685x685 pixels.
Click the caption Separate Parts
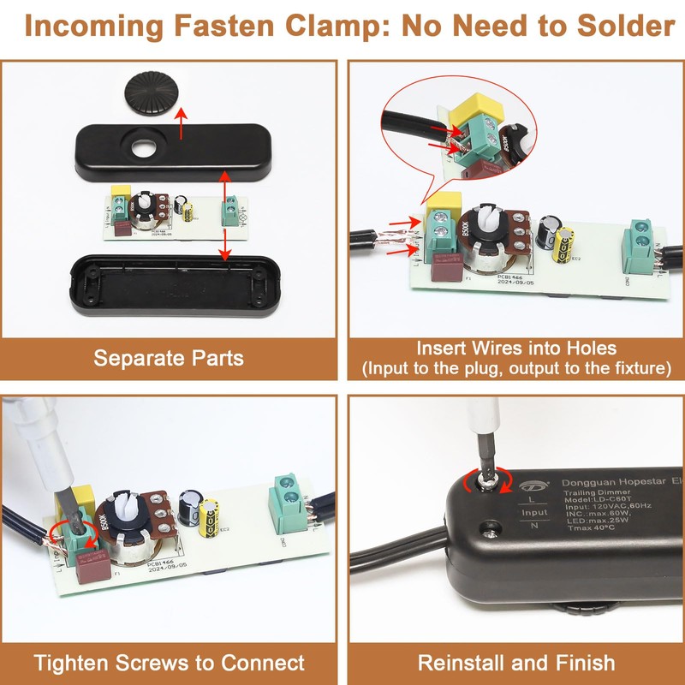pyautogui.click(x=169, y=357)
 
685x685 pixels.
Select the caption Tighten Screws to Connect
pyautogui.click(x=169, y=662)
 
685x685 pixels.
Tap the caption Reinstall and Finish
pyautogui.click(x=516, y=662)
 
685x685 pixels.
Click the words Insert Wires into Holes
pyautogui.click(x=516, y=348)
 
